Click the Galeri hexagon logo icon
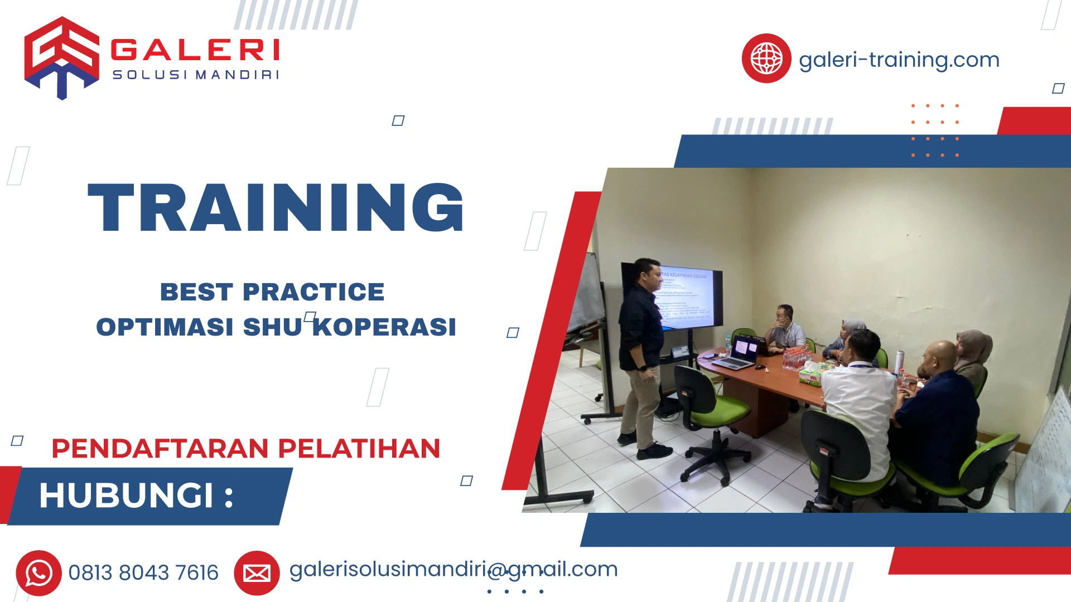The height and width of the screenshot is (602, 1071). [x=61, y=57]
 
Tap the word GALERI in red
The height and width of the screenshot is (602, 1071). [x=195, y=50]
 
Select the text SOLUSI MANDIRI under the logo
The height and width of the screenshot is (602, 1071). [x=196, y=75]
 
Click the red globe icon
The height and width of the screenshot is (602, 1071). [x=766, y=59]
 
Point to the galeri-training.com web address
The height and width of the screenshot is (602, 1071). [x=899, y=60]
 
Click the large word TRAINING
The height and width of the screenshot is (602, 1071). [x=276, y=208]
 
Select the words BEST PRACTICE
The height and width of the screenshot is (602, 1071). [x=272, y=292]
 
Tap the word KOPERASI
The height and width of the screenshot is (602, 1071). [x=384, y=327]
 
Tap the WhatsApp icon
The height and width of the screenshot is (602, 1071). [x=38, y=573]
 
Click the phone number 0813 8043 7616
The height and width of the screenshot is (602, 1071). [x=143, y=573]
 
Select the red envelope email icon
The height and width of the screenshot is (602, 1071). [x=257, y=573]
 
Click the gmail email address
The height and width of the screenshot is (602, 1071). [x=453, y=570]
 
